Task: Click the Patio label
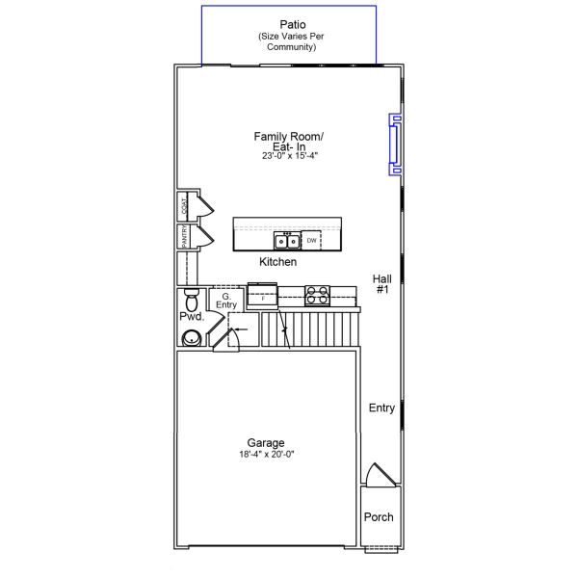293,25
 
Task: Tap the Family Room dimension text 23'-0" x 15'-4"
290,155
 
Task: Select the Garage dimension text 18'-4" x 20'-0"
267,454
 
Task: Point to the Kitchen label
278,262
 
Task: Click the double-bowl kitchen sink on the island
286,241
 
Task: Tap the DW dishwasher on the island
311,240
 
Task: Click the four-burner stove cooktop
317,296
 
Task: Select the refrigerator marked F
262,296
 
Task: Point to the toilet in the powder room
192,300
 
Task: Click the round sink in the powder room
192,338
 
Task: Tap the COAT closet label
184,206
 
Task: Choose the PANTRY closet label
184,237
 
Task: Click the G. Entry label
226,301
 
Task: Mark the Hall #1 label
382,284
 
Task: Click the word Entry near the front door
381,407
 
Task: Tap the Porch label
379,516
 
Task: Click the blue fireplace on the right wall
395,144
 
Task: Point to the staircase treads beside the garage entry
310,329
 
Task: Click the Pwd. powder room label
192,316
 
